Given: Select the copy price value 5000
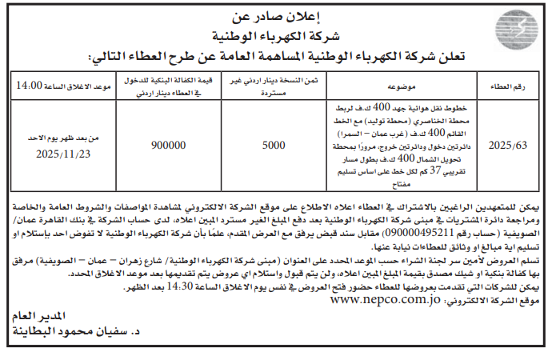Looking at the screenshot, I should coord(273,146).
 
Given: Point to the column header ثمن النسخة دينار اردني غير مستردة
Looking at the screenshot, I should coord(274,83).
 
